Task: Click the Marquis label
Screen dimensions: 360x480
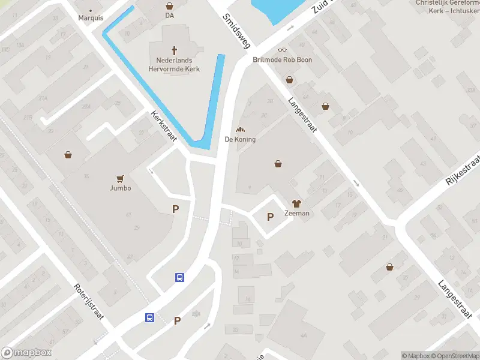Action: click(91, 17)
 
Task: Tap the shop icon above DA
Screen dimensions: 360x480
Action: click(169, 6)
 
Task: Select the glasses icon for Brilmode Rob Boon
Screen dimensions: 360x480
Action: click(282, 50)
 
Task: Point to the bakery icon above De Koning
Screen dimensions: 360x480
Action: click(240, 130)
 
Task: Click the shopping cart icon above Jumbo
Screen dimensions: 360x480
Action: click(120, 178)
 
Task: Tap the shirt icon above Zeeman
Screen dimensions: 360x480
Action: click(296, 203)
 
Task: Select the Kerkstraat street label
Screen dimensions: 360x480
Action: click(163, 125)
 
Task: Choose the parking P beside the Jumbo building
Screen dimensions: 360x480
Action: click(176, 209)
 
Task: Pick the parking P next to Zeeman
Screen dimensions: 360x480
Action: click(270, 217)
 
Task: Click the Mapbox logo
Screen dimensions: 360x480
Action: click(26, 353)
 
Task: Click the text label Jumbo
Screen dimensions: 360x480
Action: click(120, 188)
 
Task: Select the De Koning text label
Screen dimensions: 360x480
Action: click(240, 139)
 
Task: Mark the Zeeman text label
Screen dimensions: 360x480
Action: click(296, 213)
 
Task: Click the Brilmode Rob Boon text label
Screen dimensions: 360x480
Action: click(282, 60)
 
